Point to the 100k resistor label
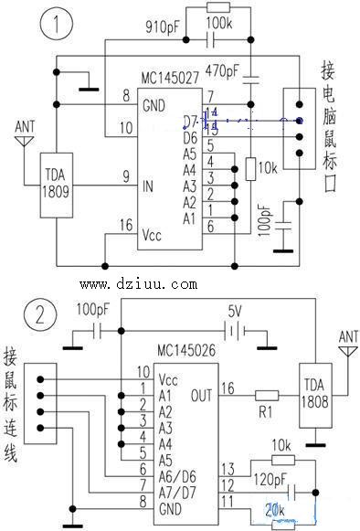click(219, 19)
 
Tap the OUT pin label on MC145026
click(200, 396)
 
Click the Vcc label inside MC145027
click(153, 235)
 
